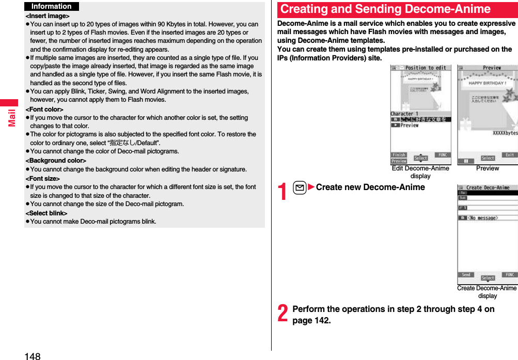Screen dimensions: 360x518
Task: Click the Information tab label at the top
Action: [51, 6]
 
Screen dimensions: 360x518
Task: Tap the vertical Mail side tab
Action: [10, 117]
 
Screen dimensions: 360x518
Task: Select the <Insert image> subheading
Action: [48, 16]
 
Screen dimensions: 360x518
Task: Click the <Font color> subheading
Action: [44, 109]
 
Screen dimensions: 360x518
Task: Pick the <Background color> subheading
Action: [56, 161]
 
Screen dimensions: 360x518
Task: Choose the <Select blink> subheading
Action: [46, 213]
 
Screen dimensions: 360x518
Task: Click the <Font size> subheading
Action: [43, 178]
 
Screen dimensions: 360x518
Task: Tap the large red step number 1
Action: [283, 192]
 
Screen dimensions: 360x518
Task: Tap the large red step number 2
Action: [283, 314]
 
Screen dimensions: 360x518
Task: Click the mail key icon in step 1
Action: [300, 187]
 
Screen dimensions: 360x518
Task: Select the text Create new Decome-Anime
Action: [370, 187]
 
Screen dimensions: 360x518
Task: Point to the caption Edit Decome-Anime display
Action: [420, 171]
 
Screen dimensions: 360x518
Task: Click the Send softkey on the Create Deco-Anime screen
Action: [466, 275]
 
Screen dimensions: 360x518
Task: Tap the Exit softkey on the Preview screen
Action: [509, 155]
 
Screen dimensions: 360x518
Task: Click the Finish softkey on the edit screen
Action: [399, 155]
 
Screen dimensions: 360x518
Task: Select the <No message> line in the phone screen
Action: [483, 218]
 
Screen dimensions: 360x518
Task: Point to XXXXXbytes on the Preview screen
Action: [505, 133]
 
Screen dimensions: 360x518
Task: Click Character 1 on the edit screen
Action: [404, 114]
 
